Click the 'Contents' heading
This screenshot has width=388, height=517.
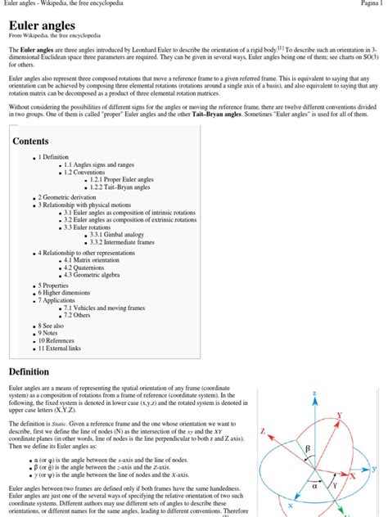pos(31,142)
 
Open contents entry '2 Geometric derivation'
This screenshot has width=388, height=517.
pos(71,198)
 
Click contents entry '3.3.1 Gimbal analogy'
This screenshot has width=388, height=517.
pos(120,235)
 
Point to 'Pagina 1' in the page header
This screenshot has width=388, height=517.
pos(370,4)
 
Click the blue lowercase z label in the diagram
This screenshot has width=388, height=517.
pos(314,393)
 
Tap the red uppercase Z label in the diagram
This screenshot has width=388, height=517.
pos(262,430)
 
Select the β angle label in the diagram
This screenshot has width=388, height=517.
pos(308,447)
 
